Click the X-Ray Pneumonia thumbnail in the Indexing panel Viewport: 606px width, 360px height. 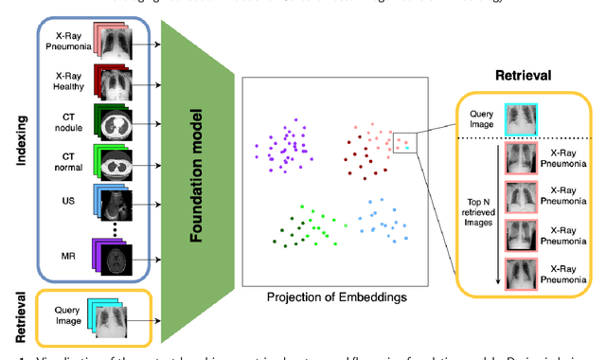(x=137, y=44)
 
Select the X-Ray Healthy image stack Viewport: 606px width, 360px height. (x=137, y=84)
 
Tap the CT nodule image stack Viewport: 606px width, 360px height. (x=137, y=125)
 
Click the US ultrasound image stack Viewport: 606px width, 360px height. (x=137, y=207)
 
